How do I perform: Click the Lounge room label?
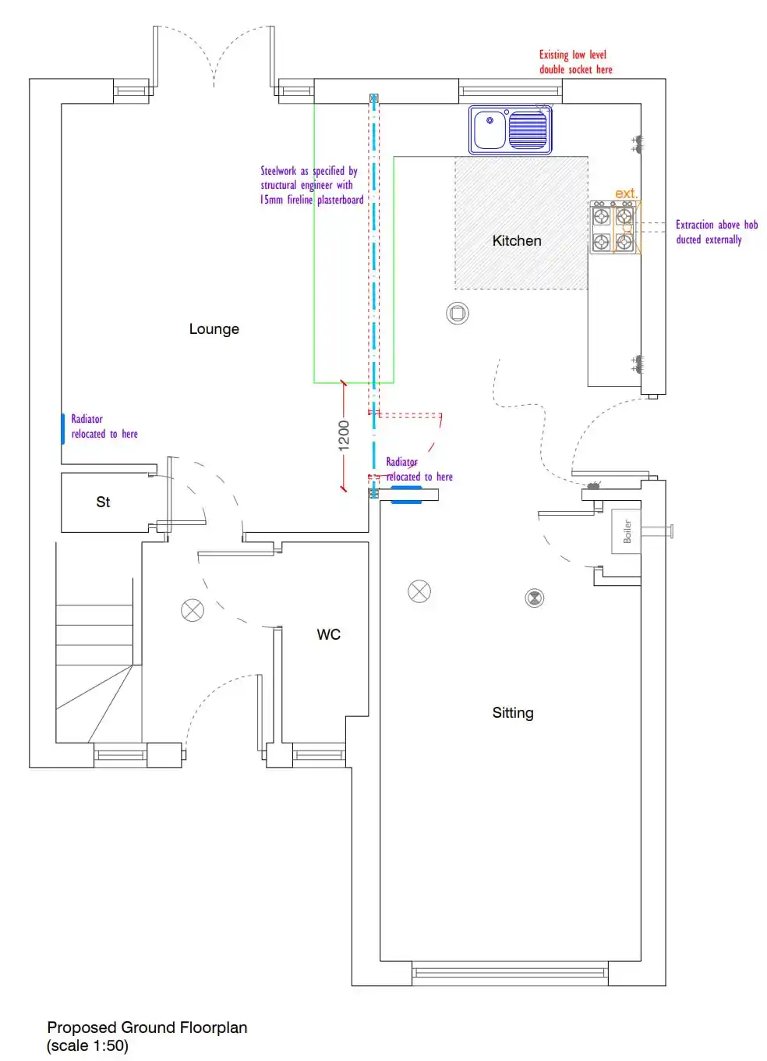[214, 328]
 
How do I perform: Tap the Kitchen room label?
[517, 240]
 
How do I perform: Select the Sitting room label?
[513, 713]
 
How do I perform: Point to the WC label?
[329, 634]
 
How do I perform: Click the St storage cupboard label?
[103, 502]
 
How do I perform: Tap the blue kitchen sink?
[510, 130]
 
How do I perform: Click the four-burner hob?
[613, 227]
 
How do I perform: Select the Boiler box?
[626, 531]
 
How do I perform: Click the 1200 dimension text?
[344, 435]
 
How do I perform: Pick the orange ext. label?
[627, 193]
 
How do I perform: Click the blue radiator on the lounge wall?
[63, 429]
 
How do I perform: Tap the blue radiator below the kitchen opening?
[406, 495]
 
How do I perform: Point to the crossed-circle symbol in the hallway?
[193, 610]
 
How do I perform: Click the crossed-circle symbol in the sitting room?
[419, 591]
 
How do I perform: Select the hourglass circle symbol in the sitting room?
[535, 598]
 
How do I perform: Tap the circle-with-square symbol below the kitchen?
[458, 313]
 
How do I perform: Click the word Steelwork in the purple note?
[278, 171]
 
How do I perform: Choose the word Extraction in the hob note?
[695, 225]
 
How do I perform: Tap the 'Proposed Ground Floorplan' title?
[147, 1027]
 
